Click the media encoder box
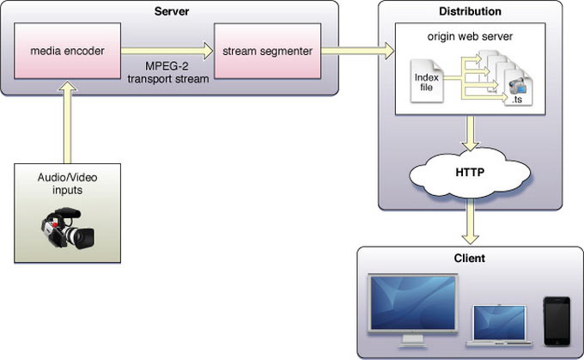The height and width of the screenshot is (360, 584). coord(66,52)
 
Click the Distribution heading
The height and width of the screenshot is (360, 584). coord(470,12)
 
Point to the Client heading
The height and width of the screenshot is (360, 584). coord(469,258)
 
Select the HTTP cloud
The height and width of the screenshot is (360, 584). coord(470,172)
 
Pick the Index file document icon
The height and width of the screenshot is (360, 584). coord(425,79)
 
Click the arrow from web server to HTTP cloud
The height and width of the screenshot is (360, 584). coord(470,132)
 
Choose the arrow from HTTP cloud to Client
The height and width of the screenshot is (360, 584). coord(470,225)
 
